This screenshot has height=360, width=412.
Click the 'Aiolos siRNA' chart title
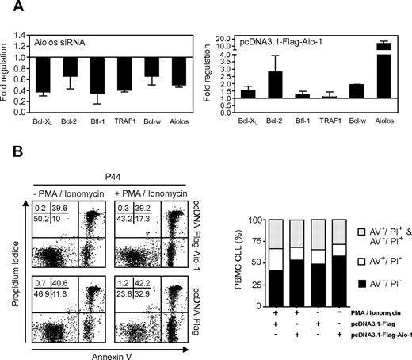(x=56, y=38)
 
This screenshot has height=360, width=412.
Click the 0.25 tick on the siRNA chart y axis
(x=22, y=98)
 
